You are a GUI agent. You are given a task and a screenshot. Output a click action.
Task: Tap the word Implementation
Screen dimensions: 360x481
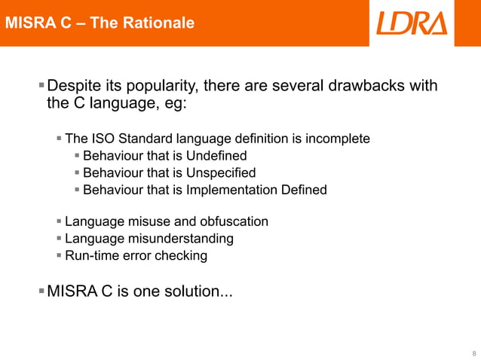[223, 189]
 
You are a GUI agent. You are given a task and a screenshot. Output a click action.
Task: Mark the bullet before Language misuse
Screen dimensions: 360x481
[60, 221]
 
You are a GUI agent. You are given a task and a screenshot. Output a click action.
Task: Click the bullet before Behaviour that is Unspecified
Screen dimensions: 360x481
[77, 172]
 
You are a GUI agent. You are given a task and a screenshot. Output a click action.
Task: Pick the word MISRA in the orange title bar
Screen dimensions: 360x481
[28, 23]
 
